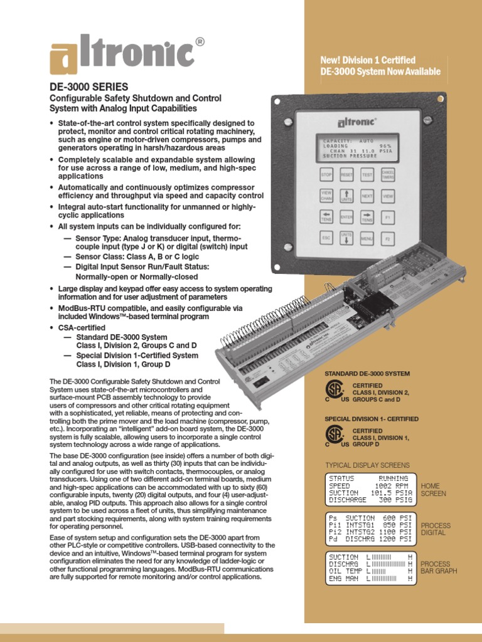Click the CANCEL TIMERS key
pyautogui.click(x=388, y=176)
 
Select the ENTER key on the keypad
pyautogui.click(x=346, y=218)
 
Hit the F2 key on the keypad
pyautogui.click(x=388, y=239)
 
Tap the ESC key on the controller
pyautogui.click(x=326, y=239)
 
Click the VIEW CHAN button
pyautogui.click(x=326, y=196)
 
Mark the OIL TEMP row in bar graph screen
pyautogui.click(x=370, y=571)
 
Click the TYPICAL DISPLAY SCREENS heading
pyautogui.click(x=367, y=465)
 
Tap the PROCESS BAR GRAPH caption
pyautogui.click(x=439, y=567)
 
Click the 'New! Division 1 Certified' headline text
pyautogui.click(x=368, y=60)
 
